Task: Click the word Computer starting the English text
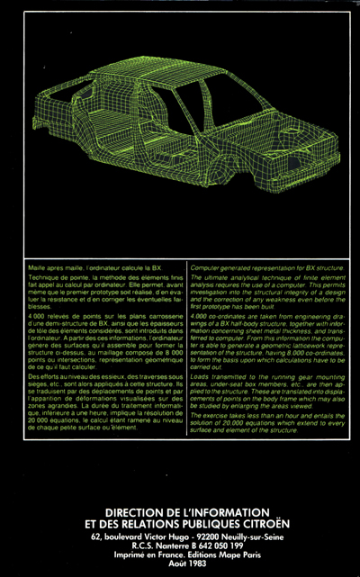coord(205,269)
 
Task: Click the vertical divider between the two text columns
coord(187,351)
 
